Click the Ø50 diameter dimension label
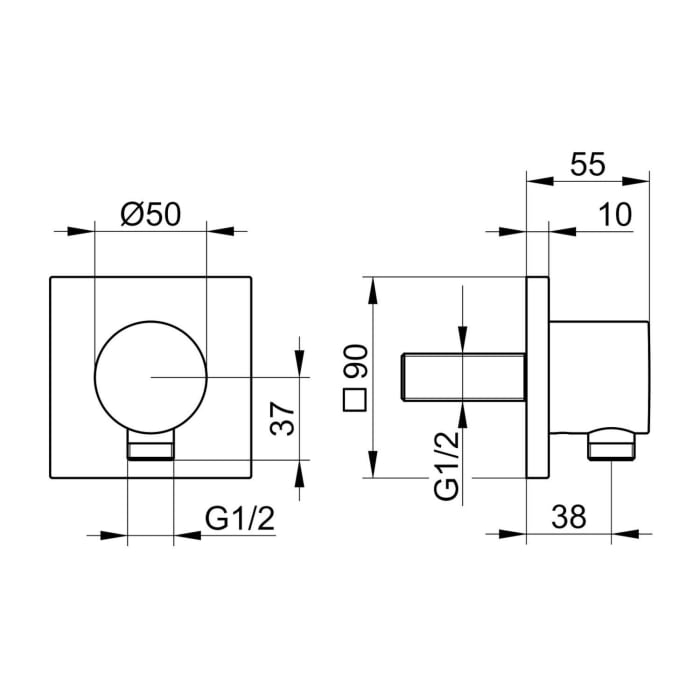150,215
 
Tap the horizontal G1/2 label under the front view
240,519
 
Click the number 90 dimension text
357,362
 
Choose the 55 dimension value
587,164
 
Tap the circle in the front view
150,377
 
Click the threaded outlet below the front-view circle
150,448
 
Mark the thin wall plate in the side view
537,377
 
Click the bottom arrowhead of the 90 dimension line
373,468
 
